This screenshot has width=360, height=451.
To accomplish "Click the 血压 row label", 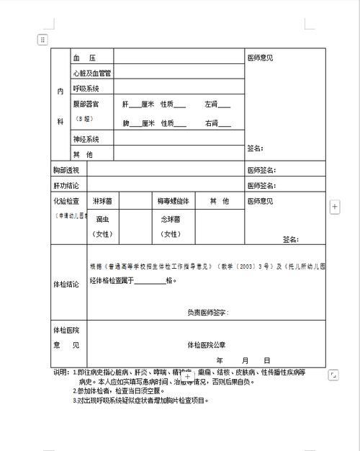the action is pyautogui.click(x=84, y=57).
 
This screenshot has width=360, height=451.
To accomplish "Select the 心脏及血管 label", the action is pyautogui.click(x=91, y=73).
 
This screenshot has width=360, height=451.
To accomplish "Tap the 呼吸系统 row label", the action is pyautogui.click(x=86, y=89).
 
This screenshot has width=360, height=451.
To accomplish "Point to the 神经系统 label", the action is pyautogui.click(x=86, y=139).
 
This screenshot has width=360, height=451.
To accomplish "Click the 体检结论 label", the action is pyautogui.click(x=66, y=285).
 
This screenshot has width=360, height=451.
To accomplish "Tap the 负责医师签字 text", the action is pyautogui.click(x=207, y=313).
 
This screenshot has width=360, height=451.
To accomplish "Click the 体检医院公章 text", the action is pyautogui.click(x=207, y=344).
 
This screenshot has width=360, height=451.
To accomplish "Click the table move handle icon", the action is pyautogui.click(x=43, y=39).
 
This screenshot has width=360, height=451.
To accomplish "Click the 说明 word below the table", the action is pyautogui.click(x=61, y=372).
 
